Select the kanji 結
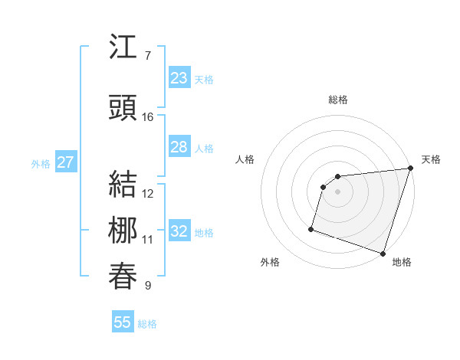(123, 184)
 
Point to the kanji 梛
(123, 231)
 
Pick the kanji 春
(123, 277)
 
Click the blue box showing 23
(179, 78)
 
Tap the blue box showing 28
(179, 147)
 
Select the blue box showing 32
(179, 231)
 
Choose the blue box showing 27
(65, 162)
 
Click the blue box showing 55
(123, 322)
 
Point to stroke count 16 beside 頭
(148, 117)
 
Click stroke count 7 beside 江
(148, 56)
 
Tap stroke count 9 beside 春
(148, 286)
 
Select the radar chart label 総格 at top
(337, 100)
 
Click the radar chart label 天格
(431, 159)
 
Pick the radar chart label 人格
(245, 159)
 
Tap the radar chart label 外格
(270, 263)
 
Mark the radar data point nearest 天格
(410, 169)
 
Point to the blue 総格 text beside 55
(147, 324)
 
